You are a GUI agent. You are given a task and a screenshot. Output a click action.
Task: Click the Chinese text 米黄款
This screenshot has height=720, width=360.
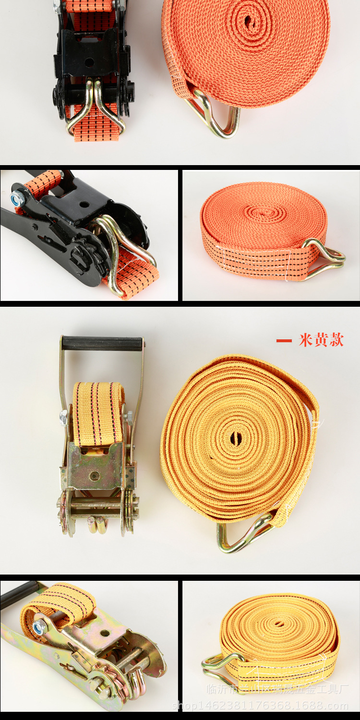coord(321,340)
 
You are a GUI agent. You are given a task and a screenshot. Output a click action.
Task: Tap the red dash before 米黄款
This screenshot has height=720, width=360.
coord(284,341)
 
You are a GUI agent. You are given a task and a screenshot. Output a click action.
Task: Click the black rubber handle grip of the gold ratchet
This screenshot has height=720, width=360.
coord(102,343)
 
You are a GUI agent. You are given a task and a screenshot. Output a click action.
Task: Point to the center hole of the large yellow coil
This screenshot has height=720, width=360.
coord(236,438)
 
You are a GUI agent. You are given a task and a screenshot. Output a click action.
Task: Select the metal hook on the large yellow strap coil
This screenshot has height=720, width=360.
coord(242,533)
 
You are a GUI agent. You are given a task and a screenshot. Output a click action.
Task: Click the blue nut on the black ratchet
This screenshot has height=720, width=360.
coord(19,196)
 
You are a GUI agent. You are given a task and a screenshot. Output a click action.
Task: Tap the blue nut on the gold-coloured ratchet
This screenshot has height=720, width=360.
coord(39,627)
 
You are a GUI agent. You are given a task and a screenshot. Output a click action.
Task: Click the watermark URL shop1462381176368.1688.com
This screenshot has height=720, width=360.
coord(260,706)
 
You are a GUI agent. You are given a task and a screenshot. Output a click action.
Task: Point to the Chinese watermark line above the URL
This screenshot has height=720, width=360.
coord(277,689)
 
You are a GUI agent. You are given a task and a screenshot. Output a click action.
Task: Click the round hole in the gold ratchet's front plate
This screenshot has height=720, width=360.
coord(95,476)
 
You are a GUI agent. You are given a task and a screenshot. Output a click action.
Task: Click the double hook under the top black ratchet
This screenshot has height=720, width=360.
coord(96,108)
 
